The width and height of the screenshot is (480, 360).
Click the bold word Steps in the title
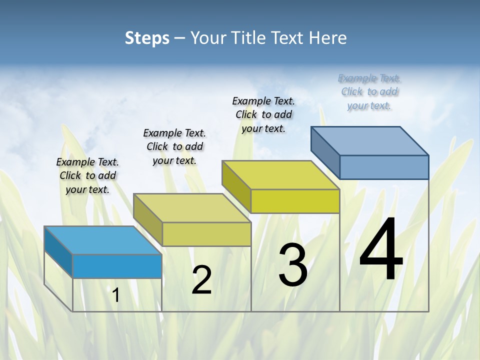click(x=147, y=38)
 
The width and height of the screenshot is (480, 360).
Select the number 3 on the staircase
click(x=293, y=264)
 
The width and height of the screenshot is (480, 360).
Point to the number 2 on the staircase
click(x=201, y=280)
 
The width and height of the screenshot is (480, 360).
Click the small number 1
click(x=116, y=295)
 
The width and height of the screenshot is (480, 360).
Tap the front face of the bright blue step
click(x=117, y=266)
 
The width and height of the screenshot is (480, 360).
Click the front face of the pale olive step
click(x=206, y=234)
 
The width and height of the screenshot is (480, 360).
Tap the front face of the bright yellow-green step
click(x=295, y=201)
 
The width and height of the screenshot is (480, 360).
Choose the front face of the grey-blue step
click(x=384, y=167)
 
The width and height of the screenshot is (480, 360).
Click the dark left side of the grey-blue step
click(x=325, y=152)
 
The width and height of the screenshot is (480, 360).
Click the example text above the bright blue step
click(x=87, y=175)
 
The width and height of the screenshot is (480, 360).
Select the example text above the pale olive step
click(x=174, y=146)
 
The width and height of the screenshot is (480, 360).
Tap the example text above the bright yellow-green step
click(x=263, y=114)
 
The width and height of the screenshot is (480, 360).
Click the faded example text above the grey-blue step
click(x=369, y=91)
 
